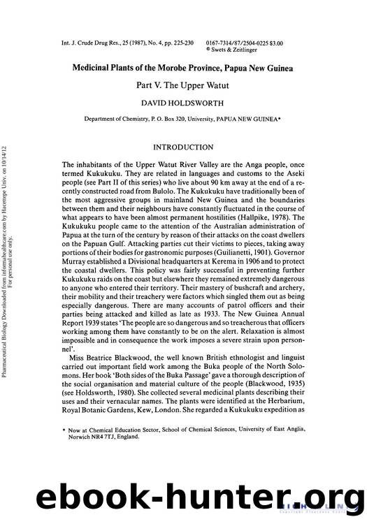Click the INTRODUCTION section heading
coord(184,147)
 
